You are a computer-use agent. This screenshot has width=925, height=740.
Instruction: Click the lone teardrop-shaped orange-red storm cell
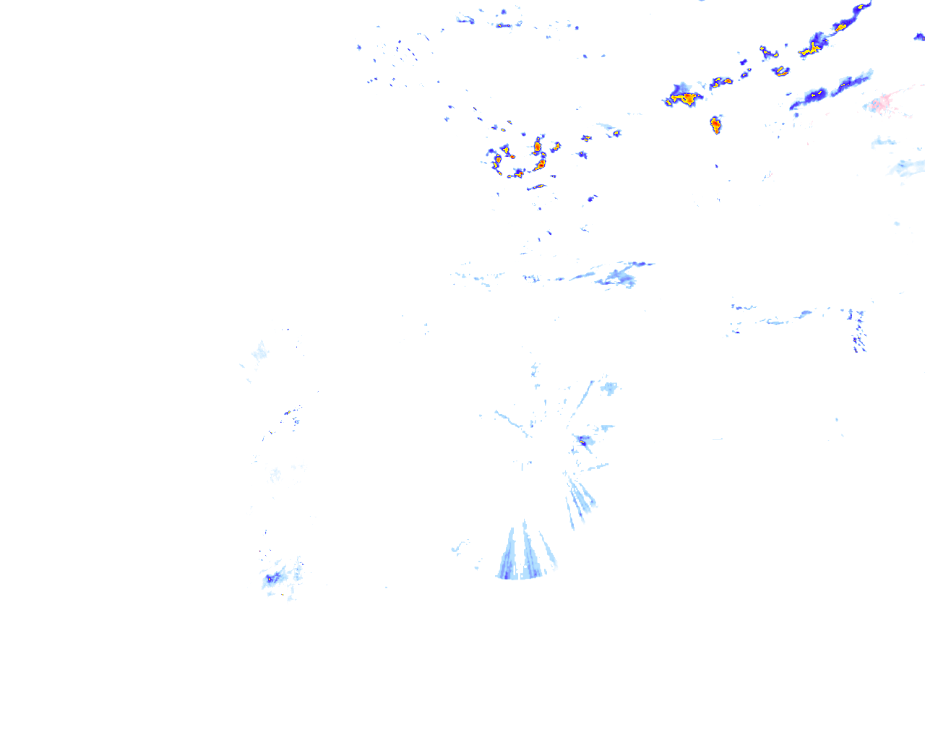[x=715, y=124]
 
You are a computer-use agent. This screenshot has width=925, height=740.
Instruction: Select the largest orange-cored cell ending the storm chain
[x=683, y=98]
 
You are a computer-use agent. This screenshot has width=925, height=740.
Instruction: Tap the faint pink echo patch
[x=882, y=103]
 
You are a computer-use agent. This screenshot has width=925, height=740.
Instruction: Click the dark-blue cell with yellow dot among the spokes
[x=582, y=440]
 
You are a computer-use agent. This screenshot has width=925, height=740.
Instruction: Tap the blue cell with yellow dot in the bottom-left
[x=273, y=577]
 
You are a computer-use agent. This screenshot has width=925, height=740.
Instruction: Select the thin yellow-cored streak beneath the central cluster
[x=536, y=187]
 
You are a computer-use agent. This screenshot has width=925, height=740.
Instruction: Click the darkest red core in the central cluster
[x=537, y=147]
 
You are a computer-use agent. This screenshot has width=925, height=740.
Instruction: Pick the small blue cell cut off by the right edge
[x=919, y=37]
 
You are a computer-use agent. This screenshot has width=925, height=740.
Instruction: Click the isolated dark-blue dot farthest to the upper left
[x=359, y=48]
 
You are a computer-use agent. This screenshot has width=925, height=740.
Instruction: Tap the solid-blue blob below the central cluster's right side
[x=591, y=197]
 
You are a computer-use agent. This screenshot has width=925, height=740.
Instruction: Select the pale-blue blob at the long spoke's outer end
[x=609, y=388]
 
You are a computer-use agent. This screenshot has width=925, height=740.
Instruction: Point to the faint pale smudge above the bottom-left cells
[x=275, y=475]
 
